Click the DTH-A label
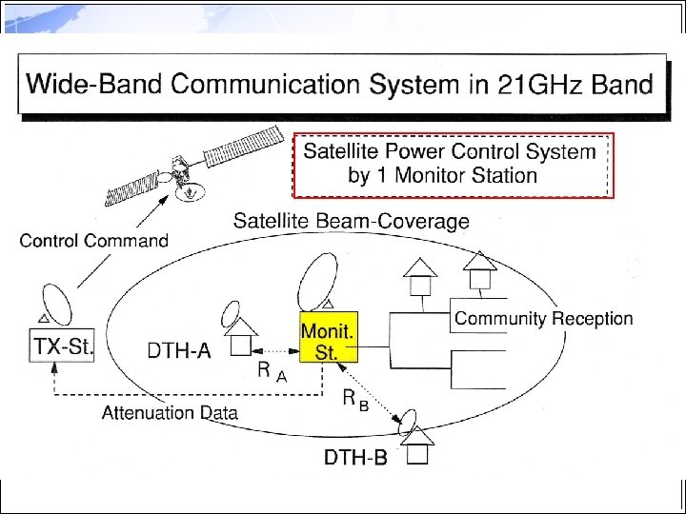tap(180, 351)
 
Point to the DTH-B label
tap(355, 458)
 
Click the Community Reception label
tap(543, 319)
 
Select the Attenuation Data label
tap(170, 412)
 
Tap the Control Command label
tap(93, 240)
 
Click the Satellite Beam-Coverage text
tap(352, 222)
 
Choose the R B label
tap(355, 402)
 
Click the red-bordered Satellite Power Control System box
tap(453, 164)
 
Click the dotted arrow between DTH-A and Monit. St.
tap(279, 348)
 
